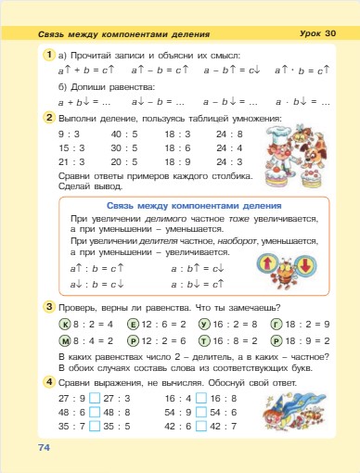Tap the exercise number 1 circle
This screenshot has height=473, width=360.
point(48,57)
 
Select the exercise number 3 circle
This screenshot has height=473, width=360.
point(48,306)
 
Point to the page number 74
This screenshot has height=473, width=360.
point(43,448)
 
